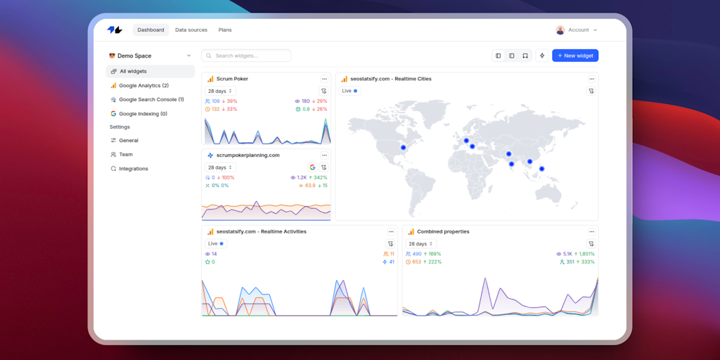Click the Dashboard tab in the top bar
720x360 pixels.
[150, 30]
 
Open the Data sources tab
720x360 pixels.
[191, 30]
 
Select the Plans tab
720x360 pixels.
[225, 30]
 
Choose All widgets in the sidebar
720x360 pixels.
[133, 71]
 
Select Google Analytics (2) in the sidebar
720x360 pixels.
[143, 85]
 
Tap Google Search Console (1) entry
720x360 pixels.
[151, 100]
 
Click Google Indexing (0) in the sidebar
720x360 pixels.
[143, 114]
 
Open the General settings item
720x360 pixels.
[129, 141]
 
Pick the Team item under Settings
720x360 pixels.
[126, 155]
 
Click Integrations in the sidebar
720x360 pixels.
[134, 169]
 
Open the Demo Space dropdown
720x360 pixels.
[149, 56]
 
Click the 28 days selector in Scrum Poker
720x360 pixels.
[220, 91]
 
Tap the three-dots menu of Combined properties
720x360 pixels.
[591, 231]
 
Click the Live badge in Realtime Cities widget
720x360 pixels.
[349, 91]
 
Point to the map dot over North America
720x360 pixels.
[403, 148]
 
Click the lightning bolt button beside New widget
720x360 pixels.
[542, 56]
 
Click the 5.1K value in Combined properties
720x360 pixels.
[567, 254]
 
